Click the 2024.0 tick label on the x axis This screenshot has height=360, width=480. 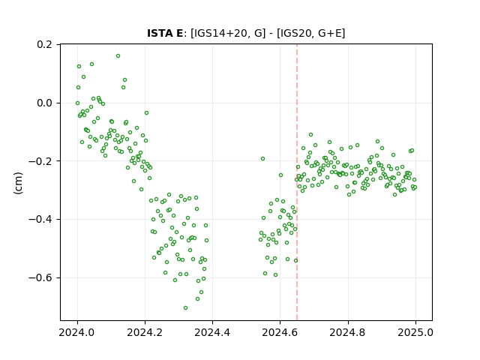tap(77, 332)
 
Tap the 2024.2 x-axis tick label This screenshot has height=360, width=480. tap(145, 332)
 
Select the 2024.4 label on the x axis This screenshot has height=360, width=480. tap(212, 332)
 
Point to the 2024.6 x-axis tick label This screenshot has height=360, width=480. tap(280, 332)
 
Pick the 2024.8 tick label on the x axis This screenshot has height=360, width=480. tap(348, 332)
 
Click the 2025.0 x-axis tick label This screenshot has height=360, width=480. tap(415, 332)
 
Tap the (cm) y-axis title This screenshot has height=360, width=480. tap(18, 183)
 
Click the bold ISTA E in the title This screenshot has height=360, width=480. tap(165, 33)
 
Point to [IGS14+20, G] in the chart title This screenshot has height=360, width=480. tap(228, 33)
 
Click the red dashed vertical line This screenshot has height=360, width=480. tap(297, 182)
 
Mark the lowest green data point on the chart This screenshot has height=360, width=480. tap(185, 308)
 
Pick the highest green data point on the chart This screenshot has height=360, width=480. tap(118, 56)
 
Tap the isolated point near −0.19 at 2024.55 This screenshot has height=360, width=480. tap(262, 158)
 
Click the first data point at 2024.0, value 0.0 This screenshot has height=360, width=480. tap(77, 103)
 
